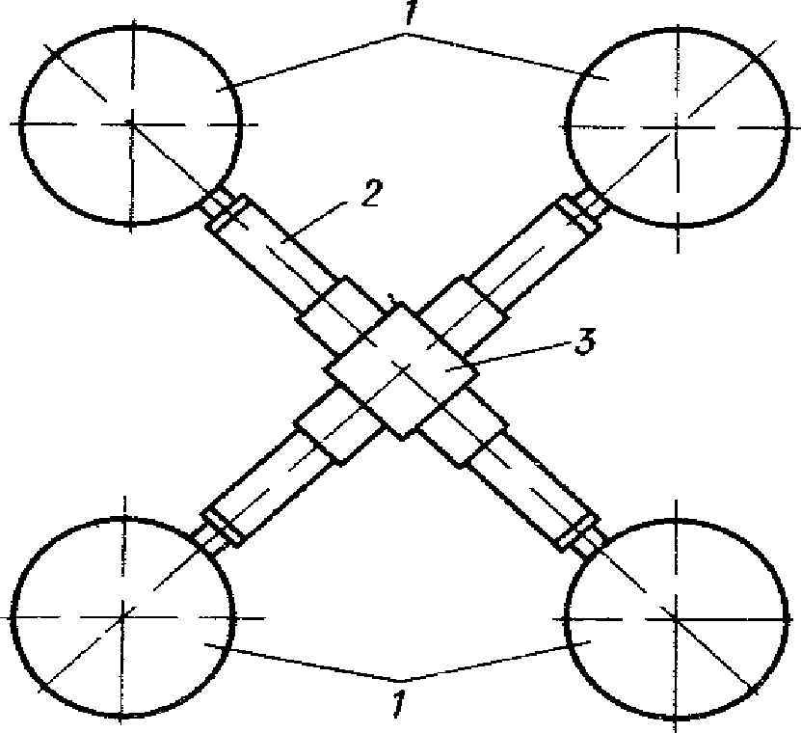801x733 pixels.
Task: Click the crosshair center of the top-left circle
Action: [x=131, y=123]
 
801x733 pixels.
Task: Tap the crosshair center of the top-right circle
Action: [x=681, y=124]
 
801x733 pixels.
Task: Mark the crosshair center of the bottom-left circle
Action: [x=122, y=614]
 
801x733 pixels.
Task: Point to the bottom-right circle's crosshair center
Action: [x=675, y=613]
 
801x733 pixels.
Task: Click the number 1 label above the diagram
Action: [x=403, y=18]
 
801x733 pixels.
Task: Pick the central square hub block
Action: [x=401, y=370]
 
